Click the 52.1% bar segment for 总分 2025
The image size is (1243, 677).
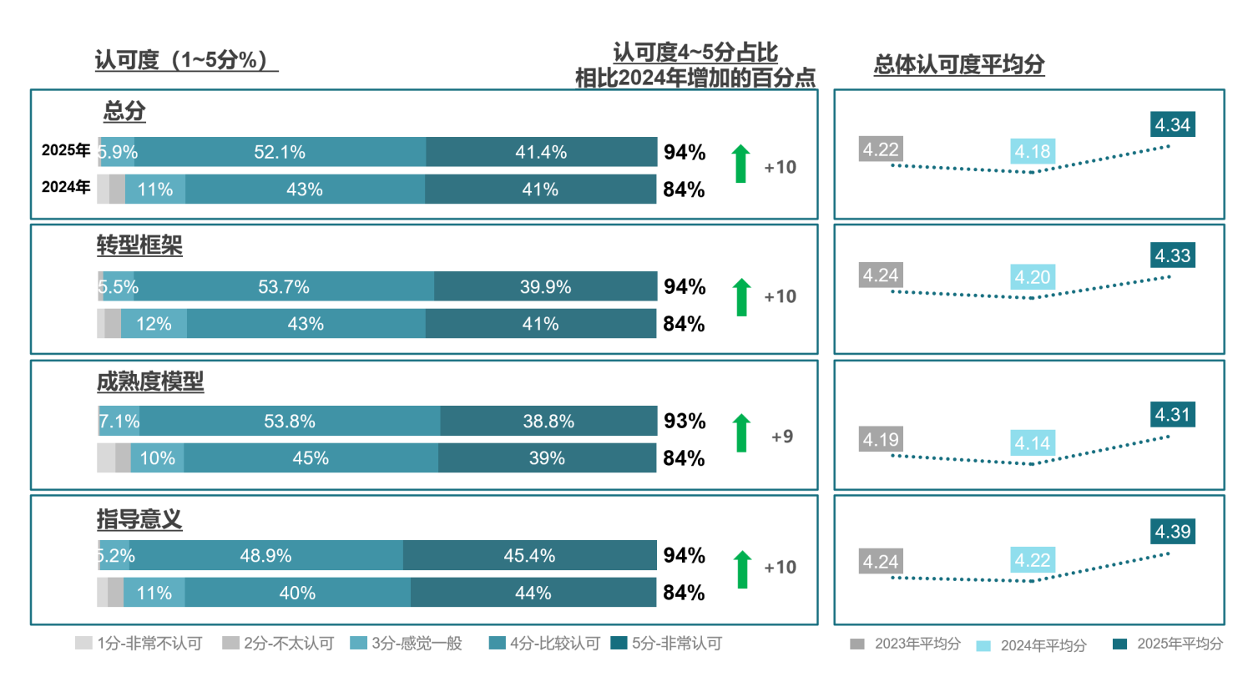pos(280,153)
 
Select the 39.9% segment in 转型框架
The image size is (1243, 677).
pos(545,287)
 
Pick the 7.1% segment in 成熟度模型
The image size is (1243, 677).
pos(119,422)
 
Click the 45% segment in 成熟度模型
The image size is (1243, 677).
pos(311,458)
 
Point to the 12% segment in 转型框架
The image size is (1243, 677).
pos(154,324)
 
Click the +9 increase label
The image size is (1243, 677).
pos(781,437)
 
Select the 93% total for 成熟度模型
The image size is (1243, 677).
pos(685,421)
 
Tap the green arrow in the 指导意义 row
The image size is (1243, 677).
pos(740,569)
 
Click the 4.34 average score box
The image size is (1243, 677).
pos(1172,125)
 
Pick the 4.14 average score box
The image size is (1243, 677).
pos(1033,442)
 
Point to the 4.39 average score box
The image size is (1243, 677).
pos(1172,531)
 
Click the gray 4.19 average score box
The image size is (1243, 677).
pos(882,437)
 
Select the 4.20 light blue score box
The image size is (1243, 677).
pos(1033,277)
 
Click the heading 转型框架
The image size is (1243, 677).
pos(139,246)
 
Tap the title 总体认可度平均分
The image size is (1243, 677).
pos(959,65)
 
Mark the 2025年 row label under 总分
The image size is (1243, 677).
pos(66,151)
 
